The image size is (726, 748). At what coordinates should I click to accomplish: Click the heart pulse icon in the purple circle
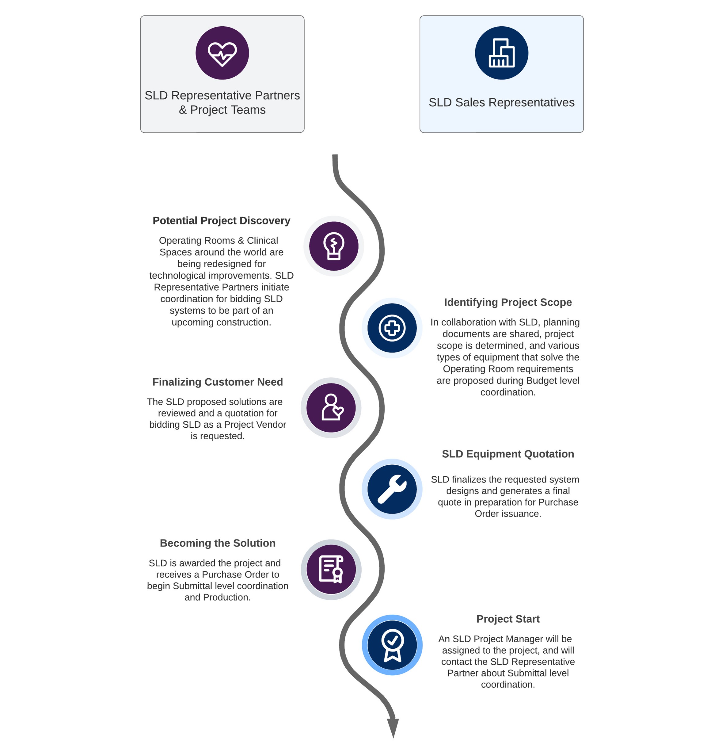click(222, 53)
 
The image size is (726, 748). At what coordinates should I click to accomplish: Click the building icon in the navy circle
click(501, 53)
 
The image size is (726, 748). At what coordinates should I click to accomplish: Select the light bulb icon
click(333, 246)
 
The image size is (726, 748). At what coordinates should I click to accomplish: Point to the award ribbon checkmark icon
click(392, 645)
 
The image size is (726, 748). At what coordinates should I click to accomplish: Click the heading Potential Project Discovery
click(221, 221)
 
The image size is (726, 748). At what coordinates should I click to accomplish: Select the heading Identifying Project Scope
click(508, 302)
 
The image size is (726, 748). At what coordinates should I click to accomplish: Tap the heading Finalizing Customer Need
click(218, 382)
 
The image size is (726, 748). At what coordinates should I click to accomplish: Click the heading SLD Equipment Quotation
click(508, 454)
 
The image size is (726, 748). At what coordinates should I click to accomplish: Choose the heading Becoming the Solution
click(218, 543)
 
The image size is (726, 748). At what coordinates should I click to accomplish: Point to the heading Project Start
click(508, 619)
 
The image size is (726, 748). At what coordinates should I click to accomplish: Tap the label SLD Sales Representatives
click(501, 102)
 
